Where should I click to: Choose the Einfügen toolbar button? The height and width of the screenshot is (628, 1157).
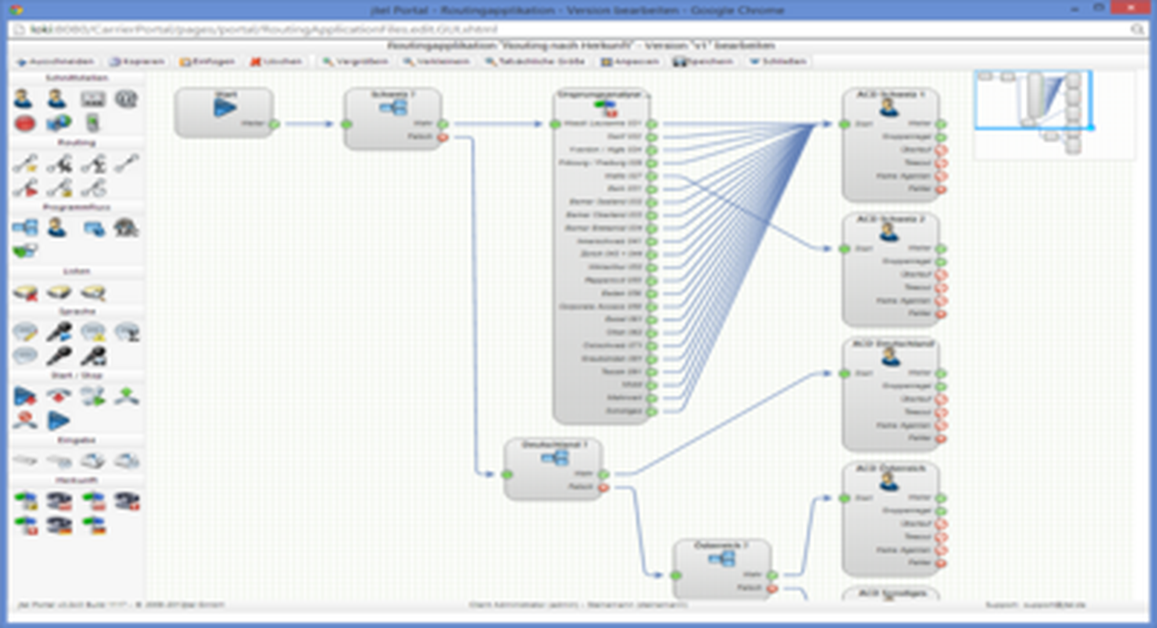pyautogui.click(x=207, y=61)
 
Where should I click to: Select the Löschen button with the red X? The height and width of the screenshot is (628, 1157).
pyautogui.click(x=277, y=61)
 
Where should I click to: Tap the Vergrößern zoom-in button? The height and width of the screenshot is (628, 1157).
pyautogui.click(x=355, y=61)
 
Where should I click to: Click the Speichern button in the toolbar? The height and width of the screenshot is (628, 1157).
pyautogui.click(x=703, y=61)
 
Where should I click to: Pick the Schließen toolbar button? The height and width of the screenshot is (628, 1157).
pyautogui.click(x=778, y=61)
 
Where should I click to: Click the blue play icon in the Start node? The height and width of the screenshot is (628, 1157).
pyautogui.click(x=224, y=108)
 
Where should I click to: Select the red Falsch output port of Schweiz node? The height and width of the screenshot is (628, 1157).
pyautogui.click(x=443, y=137)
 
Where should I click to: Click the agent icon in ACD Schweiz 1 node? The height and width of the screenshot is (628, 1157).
pyautogui.click(x=889, y=108)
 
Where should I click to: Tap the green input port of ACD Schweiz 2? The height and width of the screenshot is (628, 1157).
pyautogui.click(x=845, y=249)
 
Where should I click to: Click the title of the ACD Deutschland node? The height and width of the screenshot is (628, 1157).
pyautogui.click(x=893, y=344)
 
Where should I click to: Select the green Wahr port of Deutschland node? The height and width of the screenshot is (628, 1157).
pyautogui.click(x=603, y=475)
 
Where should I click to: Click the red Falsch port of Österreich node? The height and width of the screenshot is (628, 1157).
pyautogui.click(x=772, y=589)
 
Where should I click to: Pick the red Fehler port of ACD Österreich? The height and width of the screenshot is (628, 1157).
pyautogui.click(x=941, y=563)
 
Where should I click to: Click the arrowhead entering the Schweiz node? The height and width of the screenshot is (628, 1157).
pyautogui.click(x=329, y=124)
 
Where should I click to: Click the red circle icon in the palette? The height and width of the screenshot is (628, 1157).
pyautogui.click(x=25, y=123)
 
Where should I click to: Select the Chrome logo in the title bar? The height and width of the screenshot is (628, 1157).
pyautogui.click(x=16, y=9)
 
